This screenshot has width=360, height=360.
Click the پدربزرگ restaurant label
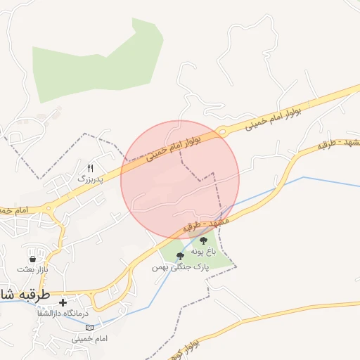(89, 179)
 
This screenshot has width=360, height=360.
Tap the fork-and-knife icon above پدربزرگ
(90, 167)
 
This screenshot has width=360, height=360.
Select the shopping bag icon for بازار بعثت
(33, 259)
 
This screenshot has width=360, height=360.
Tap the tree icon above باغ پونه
(204, 241)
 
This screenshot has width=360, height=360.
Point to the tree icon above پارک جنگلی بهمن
(180, 257)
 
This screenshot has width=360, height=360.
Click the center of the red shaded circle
(180, 180)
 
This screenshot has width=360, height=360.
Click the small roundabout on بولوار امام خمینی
(222, 131)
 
